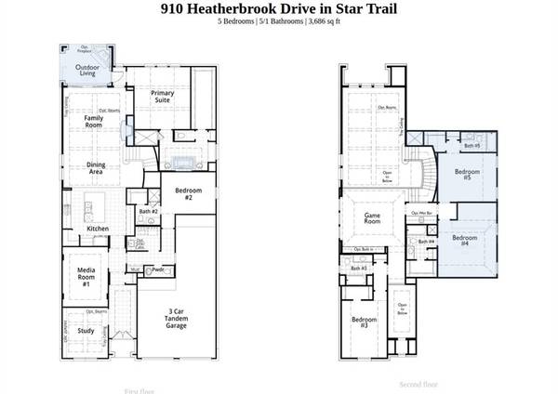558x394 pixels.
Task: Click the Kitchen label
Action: (98, 228)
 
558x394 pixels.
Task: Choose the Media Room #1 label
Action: (86, 276)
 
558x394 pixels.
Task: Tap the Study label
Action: (86, 330)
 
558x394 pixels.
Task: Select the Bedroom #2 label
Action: (181, 194)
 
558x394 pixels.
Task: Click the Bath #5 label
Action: (472, 146)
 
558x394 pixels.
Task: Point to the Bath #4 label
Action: (425, 242)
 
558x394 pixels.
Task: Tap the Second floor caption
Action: (417, 384)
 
